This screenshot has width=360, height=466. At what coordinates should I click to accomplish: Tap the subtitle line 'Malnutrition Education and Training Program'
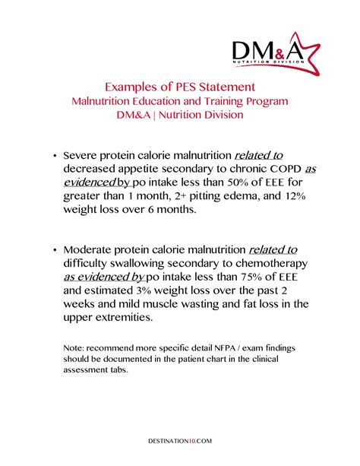(x=179, y=101)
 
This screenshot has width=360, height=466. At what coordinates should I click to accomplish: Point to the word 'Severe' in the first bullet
(x=81, y=155)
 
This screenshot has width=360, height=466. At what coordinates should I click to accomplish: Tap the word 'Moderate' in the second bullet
(x=89, y=249)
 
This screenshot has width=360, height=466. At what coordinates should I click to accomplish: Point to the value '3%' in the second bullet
(x=159, y=290)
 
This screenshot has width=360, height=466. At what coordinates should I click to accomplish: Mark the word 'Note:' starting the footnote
(x=74, y=347)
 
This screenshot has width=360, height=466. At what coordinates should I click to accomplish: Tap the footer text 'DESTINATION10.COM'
(x=180, y=440)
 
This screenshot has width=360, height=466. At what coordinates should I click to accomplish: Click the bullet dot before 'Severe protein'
(x=54, y=156)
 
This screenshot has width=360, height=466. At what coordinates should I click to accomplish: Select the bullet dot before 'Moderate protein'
(x=54, y=250)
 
